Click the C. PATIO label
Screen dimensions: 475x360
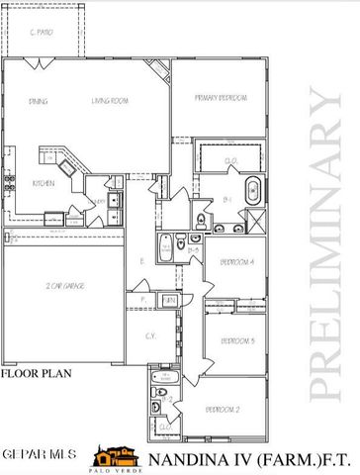pyautogui.click(x=41, y=33)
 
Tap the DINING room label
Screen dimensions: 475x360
pyautogui.click(x=39, y=100)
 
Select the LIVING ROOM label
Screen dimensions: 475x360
pyautogui.click(x=107, y=100)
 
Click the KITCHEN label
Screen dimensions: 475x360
pyautogui.click(x=43, y=183)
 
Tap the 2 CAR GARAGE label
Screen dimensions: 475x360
pyautogui.click(x=62, y=286)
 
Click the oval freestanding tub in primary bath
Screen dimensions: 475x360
pyautogui.click(x=251, y=189)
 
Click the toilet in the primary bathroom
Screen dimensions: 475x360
pyautogui.click(x=201, y=220)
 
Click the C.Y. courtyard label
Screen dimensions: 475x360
pyautogui.click(x=150, y=336)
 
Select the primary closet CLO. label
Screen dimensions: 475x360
pyautogui.click(x=229, y=160)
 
